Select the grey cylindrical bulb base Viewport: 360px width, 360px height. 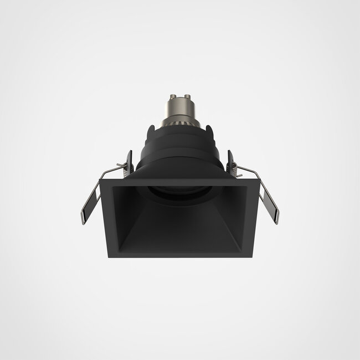coord(179,110)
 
